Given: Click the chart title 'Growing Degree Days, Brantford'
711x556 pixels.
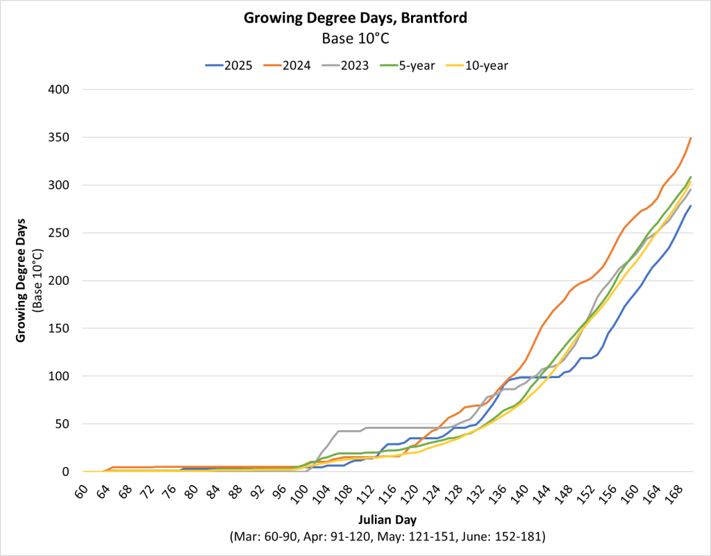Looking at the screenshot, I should tap(355, 18).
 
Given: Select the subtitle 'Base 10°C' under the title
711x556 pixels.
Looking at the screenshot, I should tap(355, 39).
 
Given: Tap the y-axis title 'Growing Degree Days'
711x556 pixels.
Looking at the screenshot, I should tap(21, 281).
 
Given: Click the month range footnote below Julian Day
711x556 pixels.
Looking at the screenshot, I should tap(387, 537).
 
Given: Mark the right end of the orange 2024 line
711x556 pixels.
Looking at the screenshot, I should tap(691, 138).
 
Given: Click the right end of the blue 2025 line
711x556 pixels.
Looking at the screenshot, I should tap(691, 206).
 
